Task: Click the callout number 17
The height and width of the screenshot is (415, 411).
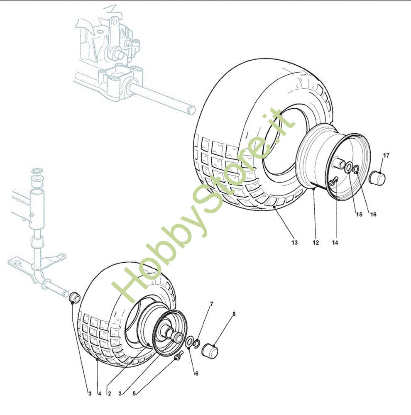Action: (x=386, y=155)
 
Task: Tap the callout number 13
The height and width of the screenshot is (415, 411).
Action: (x=294, y=242)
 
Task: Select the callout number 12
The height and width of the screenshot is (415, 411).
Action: (x=316, y=242)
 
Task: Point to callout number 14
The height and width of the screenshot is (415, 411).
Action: (x=335, y=242)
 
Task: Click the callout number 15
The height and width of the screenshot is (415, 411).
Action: (x=359, y=215)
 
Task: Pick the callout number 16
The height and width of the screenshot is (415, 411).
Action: (x=373, y=215)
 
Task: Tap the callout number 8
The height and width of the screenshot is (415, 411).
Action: (x=234, y=314)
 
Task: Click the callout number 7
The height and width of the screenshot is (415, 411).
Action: (x=211, y=304)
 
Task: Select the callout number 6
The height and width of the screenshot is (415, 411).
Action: (x=196, y=373)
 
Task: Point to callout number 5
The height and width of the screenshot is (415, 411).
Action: (x=134, y=393)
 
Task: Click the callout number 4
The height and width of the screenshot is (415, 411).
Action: (x=100, y=393)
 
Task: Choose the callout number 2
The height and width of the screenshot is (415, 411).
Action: (x=109, y=393)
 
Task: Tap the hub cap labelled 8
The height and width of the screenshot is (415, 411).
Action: (x=210, y=350)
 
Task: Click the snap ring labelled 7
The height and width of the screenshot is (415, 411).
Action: (x=197, y=344)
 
